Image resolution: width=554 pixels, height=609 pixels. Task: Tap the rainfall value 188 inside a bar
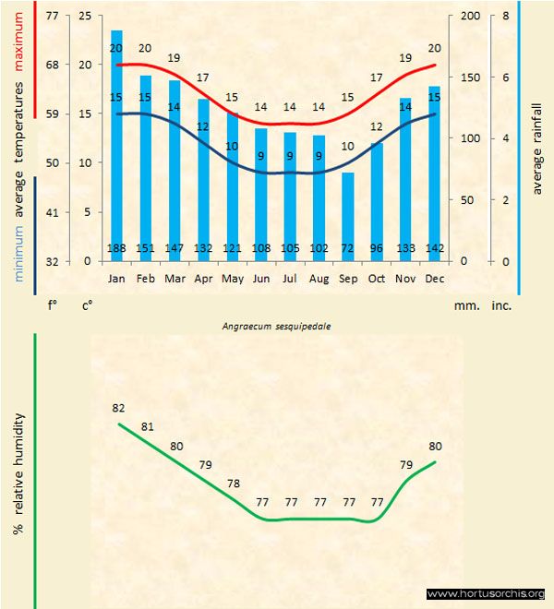(x=116, y=248)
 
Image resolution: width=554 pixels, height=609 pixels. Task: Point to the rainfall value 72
(x=347, y=248)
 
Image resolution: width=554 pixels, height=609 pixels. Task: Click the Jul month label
(x=290, y=278)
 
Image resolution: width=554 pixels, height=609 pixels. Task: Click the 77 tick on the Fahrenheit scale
(x=51, y=17)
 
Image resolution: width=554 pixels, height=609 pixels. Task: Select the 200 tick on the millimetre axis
(x=470, y=17)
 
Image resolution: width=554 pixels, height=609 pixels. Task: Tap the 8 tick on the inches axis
(x=506, y=17)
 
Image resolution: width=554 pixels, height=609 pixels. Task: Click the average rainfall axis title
(x=537, y=148)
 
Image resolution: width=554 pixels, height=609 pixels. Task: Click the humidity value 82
(x=118, y=408)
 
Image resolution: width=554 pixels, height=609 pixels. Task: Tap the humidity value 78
(x=233, y=484)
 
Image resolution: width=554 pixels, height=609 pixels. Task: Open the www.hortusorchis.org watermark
(x=486, y=593)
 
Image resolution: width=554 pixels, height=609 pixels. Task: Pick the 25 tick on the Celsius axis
(x=85, y=17)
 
